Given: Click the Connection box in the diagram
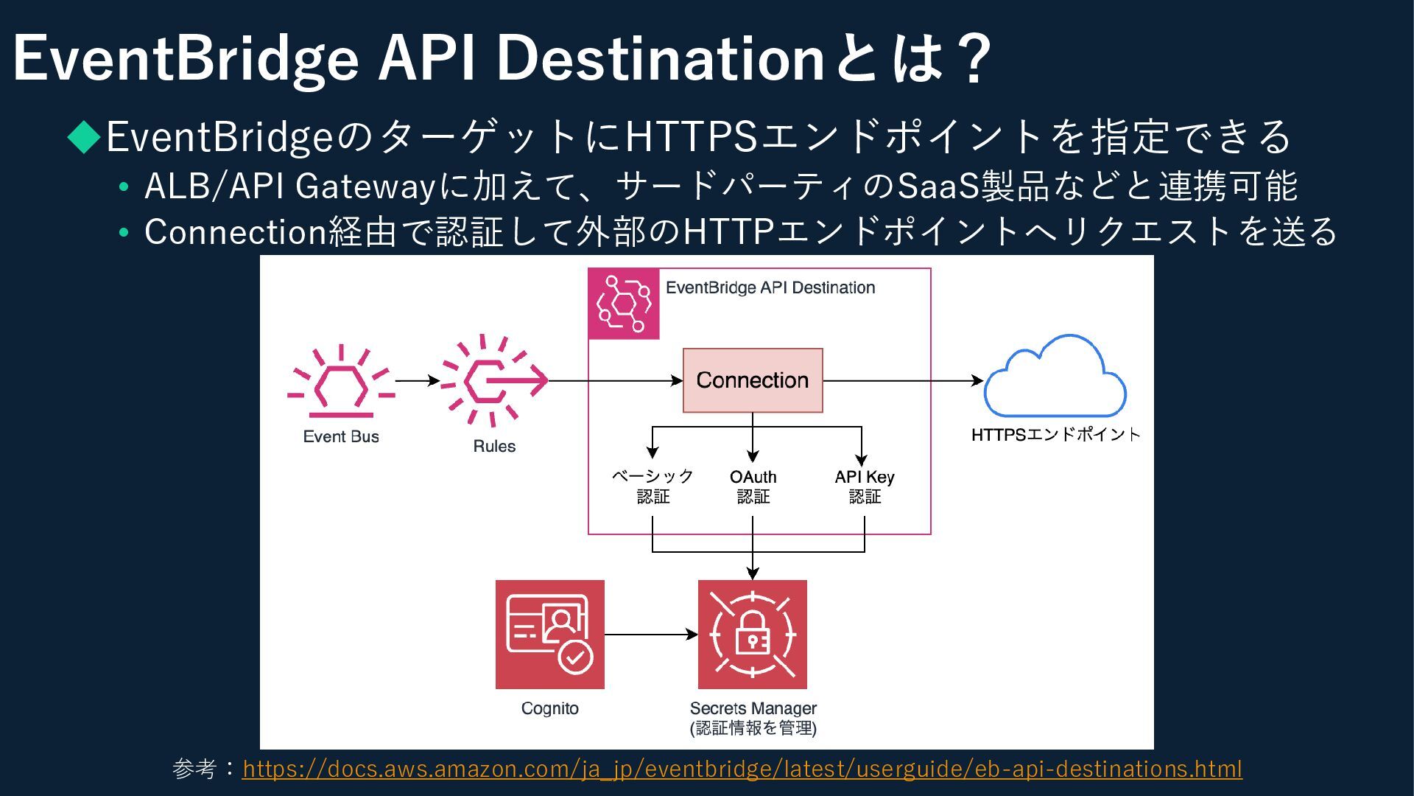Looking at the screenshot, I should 752,380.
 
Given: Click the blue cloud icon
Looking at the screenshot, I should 1055,377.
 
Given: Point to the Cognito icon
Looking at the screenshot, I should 549,634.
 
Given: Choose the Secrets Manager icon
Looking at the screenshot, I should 752,634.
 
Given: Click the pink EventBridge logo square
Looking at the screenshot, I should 623,304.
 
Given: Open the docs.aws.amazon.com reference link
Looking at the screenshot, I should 742,769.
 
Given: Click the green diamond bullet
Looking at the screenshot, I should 84,136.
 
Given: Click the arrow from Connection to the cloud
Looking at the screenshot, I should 903,381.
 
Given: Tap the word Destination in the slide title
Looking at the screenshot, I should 660,58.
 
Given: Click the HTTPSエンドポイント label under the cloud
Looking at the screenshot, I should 1055,435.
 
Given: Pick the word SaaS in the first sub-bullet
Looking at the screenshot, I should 938,186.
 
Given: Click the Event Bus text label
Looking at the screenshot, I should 341,436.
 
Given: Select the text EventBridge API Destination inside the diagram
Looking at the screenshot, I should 770,287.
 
